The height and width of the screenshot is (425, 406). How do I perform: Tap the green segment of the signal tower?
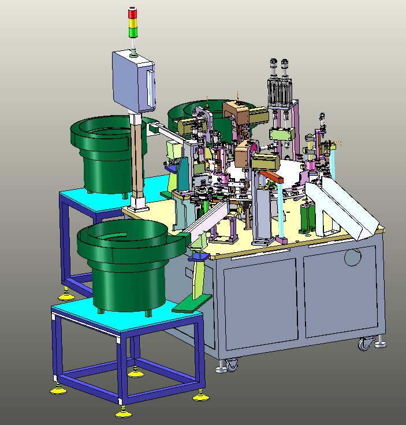click(x=133, y=32)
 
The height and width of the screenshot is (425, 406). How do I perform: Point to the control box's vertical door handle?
click(x=152, y=86)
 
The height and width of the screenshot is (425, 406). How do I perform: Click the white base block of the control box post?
click(x=137, y=203)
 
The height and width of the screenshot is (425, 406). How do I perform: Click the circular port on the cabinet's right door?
click(x=353, y=257)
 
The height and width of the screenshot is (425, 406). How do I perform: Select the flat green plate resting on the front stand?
click(x=191, y=304)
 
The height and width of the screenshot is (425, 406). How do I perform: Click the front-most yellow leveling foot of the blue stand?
click(x=122, y=412)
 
